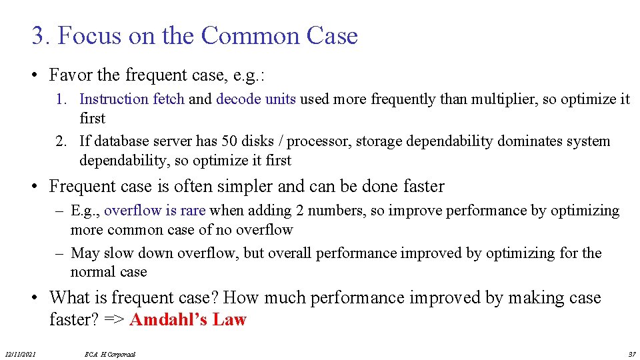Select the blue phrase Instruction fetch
pos(132,99)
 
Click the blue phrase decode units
pos(256,99)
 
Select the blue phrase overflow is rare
pos(155,211)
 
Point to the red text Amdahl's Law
pos(188,320)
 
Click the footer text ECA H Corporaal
pos(110,354)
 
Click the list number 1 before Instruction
pos(61,99)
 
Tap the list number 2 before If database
pos(61,141)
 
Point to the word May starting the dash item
pos(84,253)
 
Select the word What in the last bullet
pos(69,297)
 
